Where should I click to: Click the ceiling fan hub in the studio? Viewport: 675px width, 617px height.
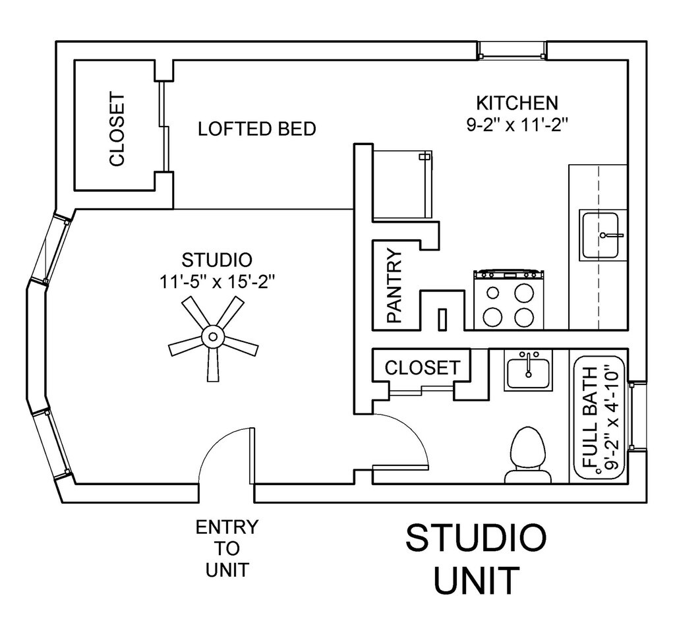213,337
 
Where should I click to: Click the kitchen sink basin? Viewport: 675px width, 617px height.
601,235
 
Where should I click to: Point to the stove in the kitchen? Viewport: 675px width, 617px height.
507,300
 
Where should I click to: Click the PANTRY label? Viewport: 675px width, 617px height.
394,285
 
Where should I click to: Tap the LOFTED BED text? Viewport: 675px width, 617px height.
257,129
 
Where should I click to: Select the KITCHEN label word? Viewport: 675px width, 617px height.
517,103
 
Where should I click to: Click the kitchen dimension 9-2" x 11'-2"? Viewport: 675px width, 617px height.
517,125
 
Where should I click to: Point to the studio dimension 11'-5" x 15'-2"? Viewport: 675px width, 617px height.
216,281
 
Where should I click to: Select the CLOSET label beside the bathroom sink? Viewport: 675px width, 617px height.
422,367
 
